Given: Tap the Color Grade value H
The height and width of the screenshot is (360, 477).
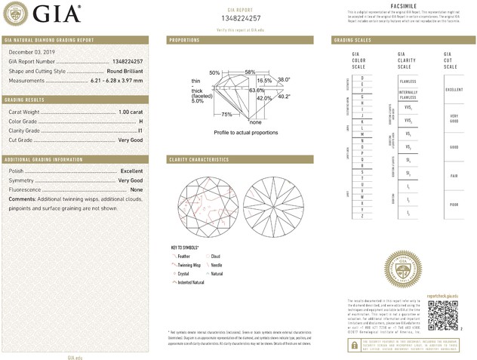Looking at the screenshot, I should click(140, 121).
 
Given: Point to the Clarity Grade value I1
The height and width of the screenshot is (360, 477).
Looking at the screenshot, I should click(140, 130).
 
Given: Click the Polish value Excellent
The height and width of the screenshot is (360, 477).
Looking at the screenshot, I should click(131, 171).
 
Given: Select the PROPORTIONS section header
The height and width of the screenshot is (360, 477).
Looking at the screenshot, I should click(184, 39).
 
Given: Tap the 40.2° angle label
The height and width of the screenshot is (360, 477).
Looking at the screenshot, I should click(284, 96).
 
